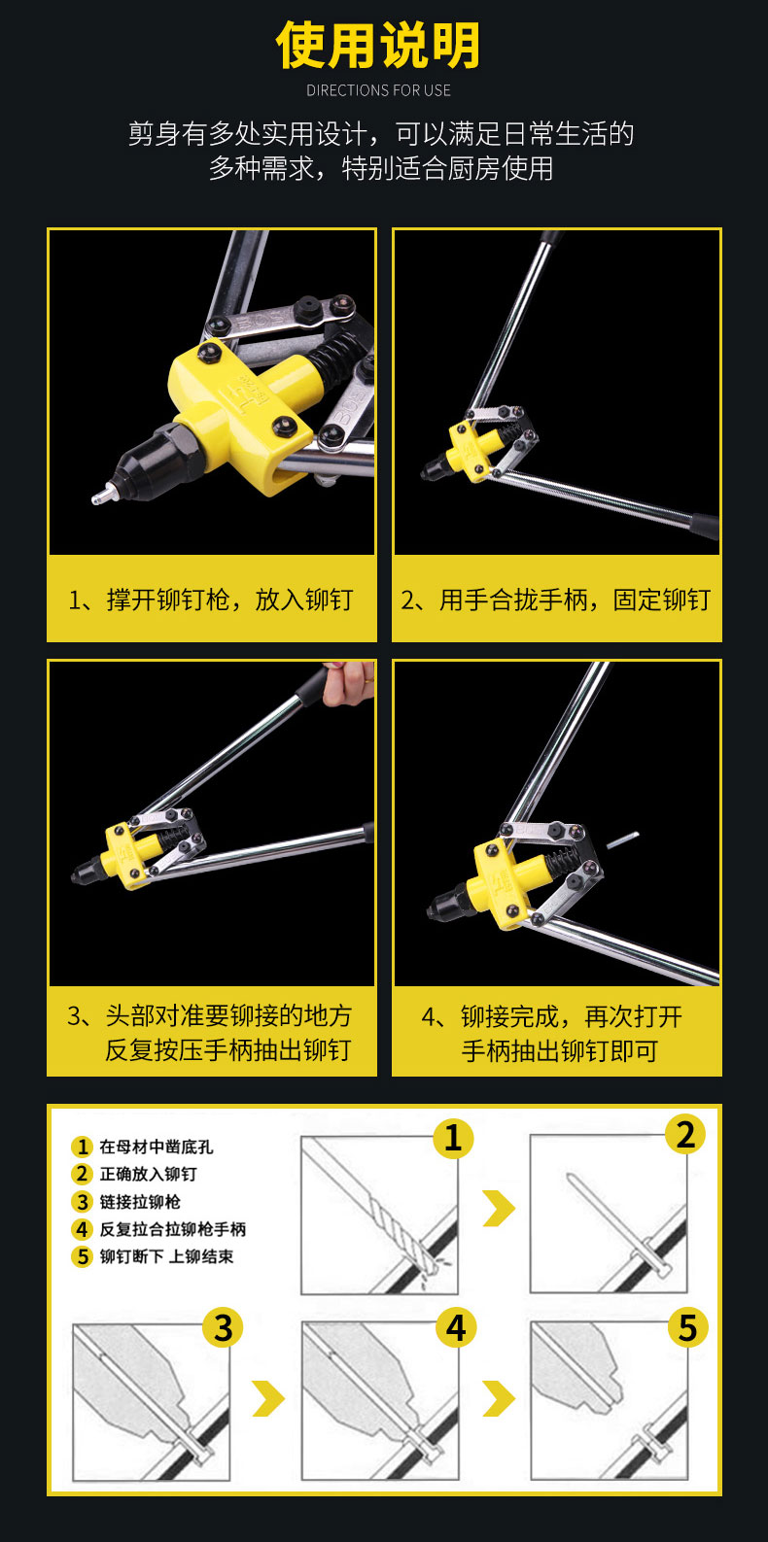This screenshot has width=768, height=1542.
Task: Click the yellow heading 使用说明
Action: tap(378, 46)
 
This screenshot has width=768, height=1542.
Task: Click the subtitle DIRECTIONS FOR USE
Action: tap(378, 90)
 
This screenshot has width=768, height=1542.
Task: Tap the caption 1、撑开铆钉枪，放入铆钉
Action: tap(211, 600)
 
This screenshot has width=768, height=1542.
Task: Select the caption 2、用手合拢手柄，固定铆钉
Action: tap(556, 600)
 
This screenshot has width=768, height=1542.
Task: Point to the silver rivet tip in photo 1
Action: tap(103, 494)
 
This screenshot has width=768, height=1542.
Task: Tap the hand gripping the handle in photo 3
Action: tap(349, 684)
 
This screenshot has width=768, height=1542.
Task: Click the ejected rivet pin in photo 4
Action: tap(623, 840)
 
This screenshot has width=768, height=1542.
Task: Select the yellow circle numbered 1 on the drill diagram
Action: tap(452, 1138)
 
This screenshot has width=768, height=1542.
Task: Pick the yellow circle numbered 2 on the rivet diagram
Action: tap(685, 1135)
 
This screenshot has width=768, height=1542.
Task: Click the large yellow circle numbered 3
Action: tap(223, 1328)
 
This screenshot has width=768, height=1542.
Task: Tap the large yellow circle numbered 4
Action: tap(456, 1328)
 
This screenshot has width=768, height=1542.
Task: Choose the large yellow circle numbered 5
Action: tap(687, 1328)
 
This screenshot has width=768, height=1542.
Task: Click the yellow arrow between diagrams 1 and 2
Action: tap(500, 1209)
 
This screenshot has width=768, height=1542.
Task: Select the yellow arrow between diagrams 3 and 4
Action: tap(269, 1398)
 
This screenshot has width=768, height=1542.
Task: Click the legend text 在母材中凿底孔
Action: tap(157, 1147)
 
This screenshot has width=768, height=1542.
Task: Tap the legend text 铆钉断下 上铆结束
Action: tap(166, 1256)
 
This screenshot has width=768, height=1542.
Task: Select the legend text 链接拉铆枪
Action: tap(140, 1202)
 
